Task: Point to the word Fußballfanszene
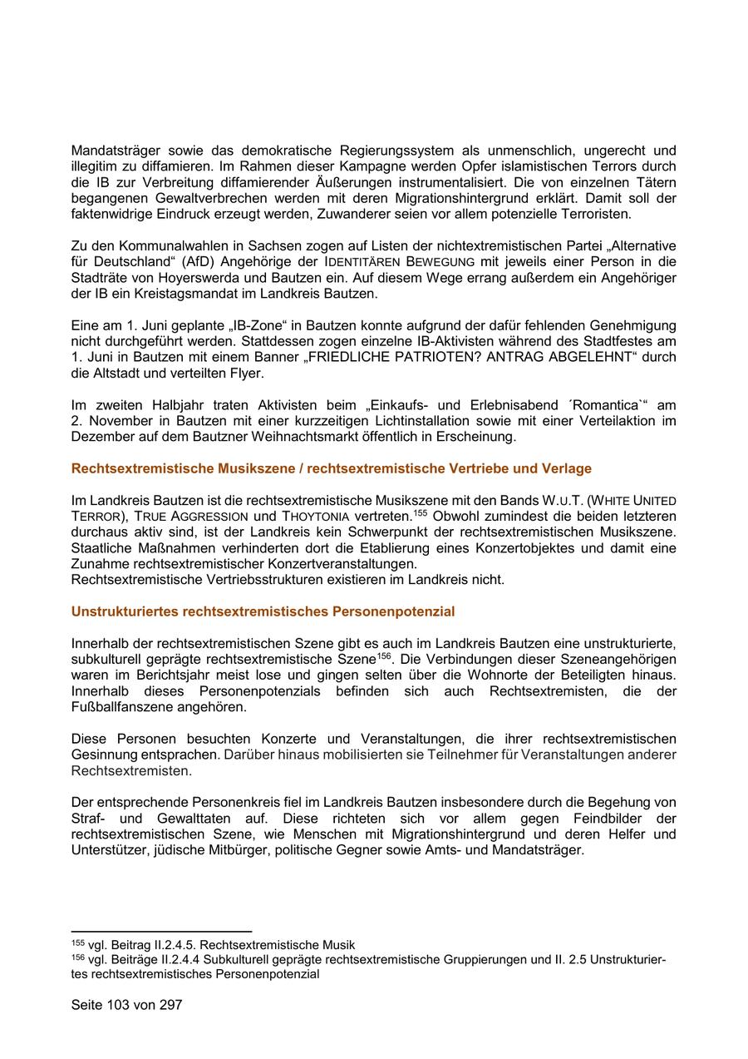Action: pyautogui.click(x=120, y=707)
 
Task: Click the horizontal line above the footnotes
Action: pyautogui.click(x=161, y=932)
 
